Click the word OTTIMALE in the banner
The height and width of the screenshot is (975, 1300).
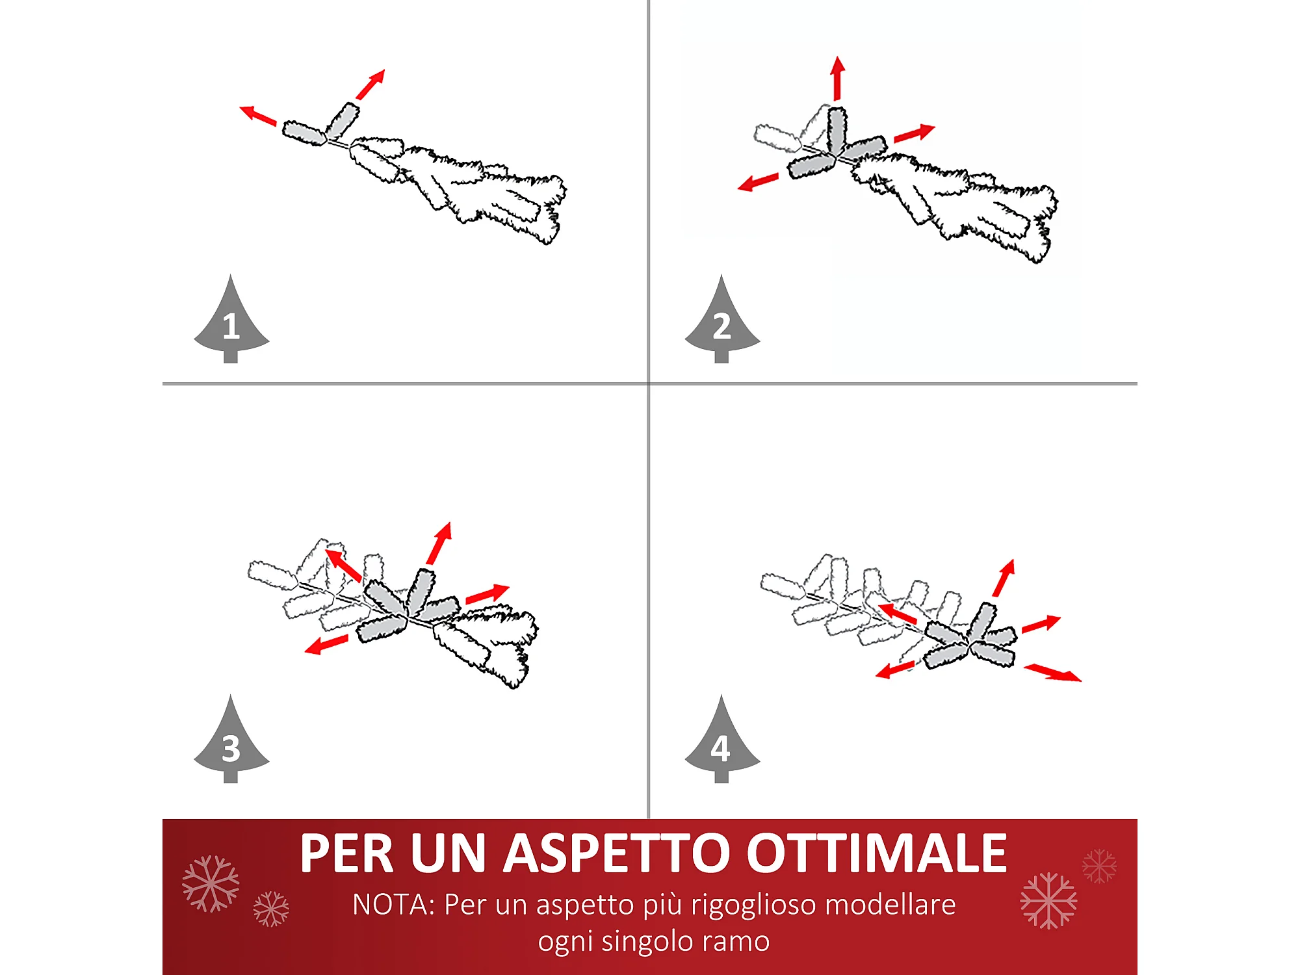coord(877,853)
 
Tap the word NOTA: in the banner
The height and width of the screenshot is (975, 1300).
coord(393,905)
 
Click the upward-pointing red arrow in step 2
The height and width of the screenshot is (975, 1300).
coord(838,78)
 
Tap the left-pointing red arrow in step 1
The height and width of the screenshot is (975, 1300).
coord(258,115)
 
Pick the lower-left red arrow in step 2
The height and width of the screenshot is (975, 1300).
coord(758,182)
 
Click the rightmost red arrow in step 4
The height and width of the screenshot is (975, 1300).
coord(1053,673)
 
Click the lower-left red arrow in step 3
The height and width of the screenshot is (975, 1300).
coord(326,645)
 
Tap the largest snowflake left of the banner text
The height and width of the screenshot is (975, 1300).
coord(211,884)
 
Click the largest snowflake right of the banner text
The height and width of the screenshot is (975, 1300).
coord(1048,901)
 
